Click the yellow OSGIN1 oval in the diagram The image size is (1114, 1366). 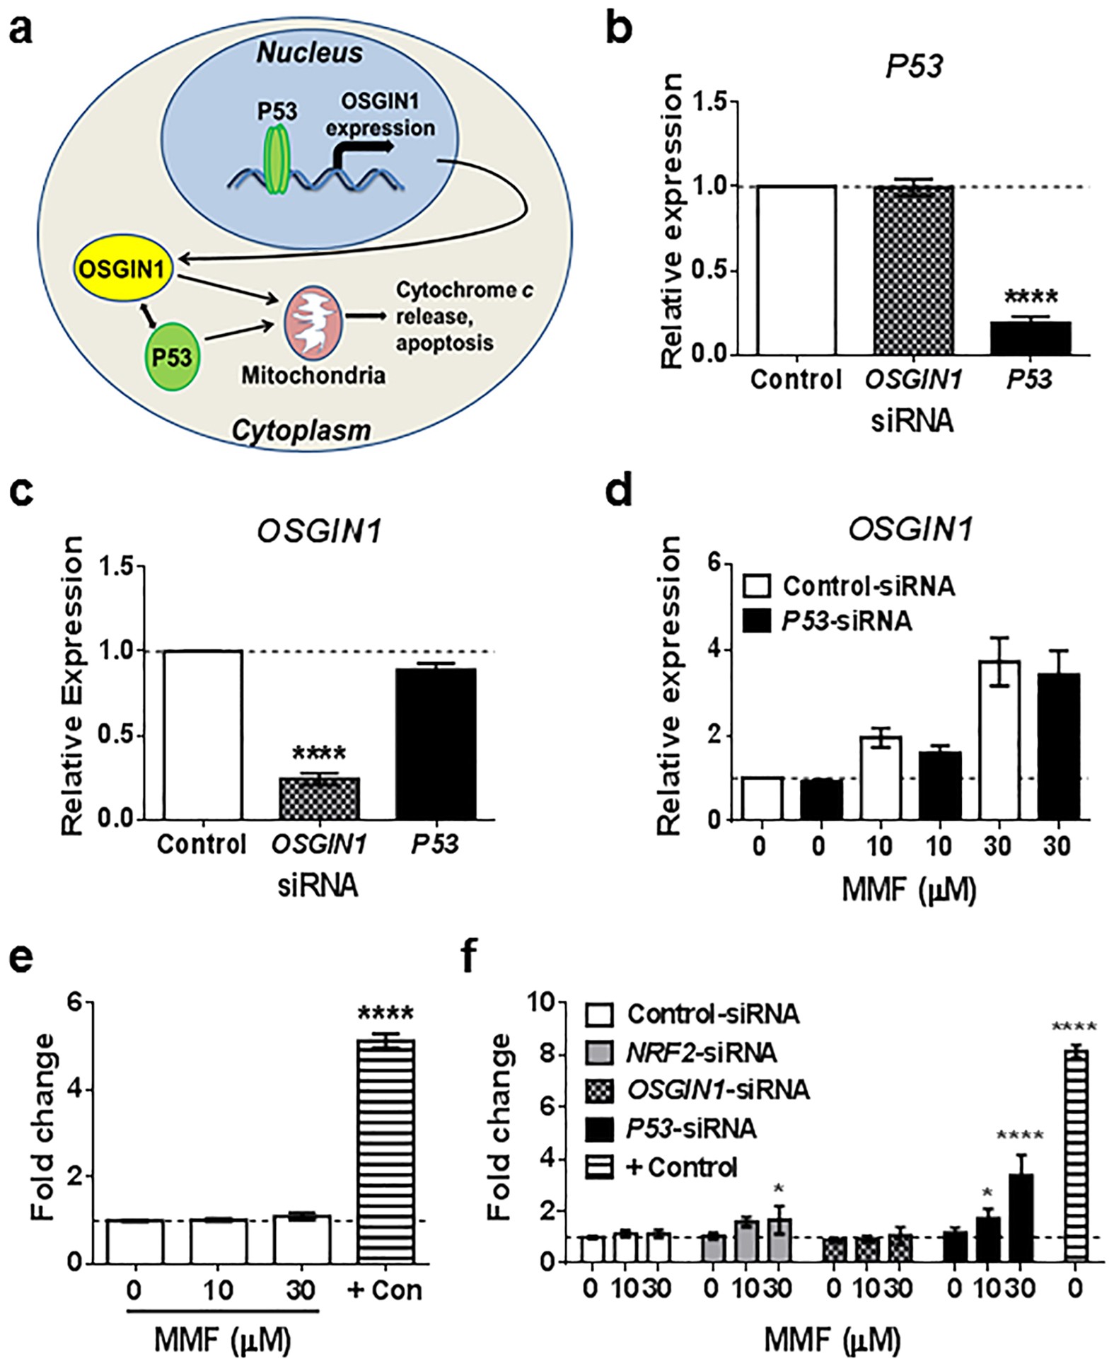click(122, 270)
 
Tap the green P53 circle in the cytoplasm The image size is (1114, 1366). click(172, 356)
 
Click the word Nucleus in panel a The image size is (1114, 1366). click(309, 53)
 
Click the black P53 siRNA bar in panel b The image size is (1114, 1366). click(1030, 337)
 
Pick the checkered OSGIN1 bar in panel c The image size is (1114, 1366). click(319, 798)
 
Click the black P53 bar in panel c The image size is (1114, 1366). click(435, 743)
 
